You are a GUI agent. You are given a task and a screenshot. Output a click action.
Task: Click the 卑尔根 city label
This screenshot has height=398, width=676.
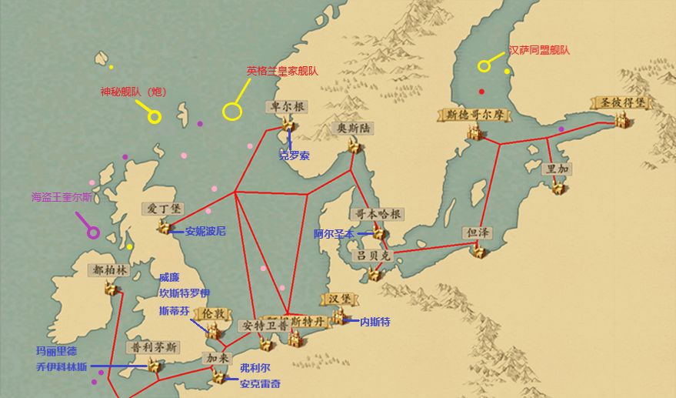[x=288, y=106]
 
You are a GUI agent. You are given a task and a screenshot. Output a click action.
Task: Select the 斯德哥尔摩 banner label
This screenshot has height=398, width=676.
[x=475, y=114]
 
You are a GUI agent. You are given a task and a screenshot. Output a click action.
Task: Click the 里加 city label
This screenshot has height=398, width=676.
[x=558, y=169]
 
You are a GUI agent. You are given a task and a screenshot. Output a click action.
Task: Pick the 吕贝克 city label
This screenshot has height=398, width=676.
[x=373, y=255]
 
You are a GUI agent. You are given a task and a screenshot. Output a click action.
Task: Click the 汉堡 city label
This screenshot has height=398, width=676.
[x=339, y=298]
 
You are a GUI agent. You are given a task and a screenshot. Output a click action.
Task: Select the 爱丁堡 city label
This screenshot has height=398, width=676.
[x=163, y=209]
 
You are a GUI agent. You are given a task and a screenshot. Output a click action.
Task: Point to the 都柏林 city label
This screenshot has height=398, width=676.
[x=110, y=270]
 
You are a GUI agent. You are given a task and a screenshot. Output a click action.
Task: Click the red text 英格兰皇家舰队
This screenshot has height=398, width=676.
[x=282, y=71]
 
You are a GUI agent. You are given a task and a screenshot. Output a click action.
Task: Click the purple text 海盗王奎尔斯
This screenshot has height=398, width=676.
[x=62, y=197]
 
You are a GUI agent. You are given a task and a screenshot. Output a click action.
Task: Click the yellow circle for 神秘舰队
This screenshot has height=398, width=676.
[x=154, y=117]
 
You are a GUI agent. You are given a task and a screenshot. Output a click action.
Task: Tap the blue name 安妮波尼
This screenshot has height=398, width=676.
[x=205, y=231]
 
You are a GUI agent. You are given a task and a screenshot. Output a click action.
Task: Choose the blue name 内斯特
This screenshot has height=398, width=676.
[x=375, y=322]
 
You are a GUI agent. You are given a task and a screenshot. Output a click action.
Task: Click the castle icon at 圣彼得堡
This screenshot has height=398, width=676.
[x=621, y=120]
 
